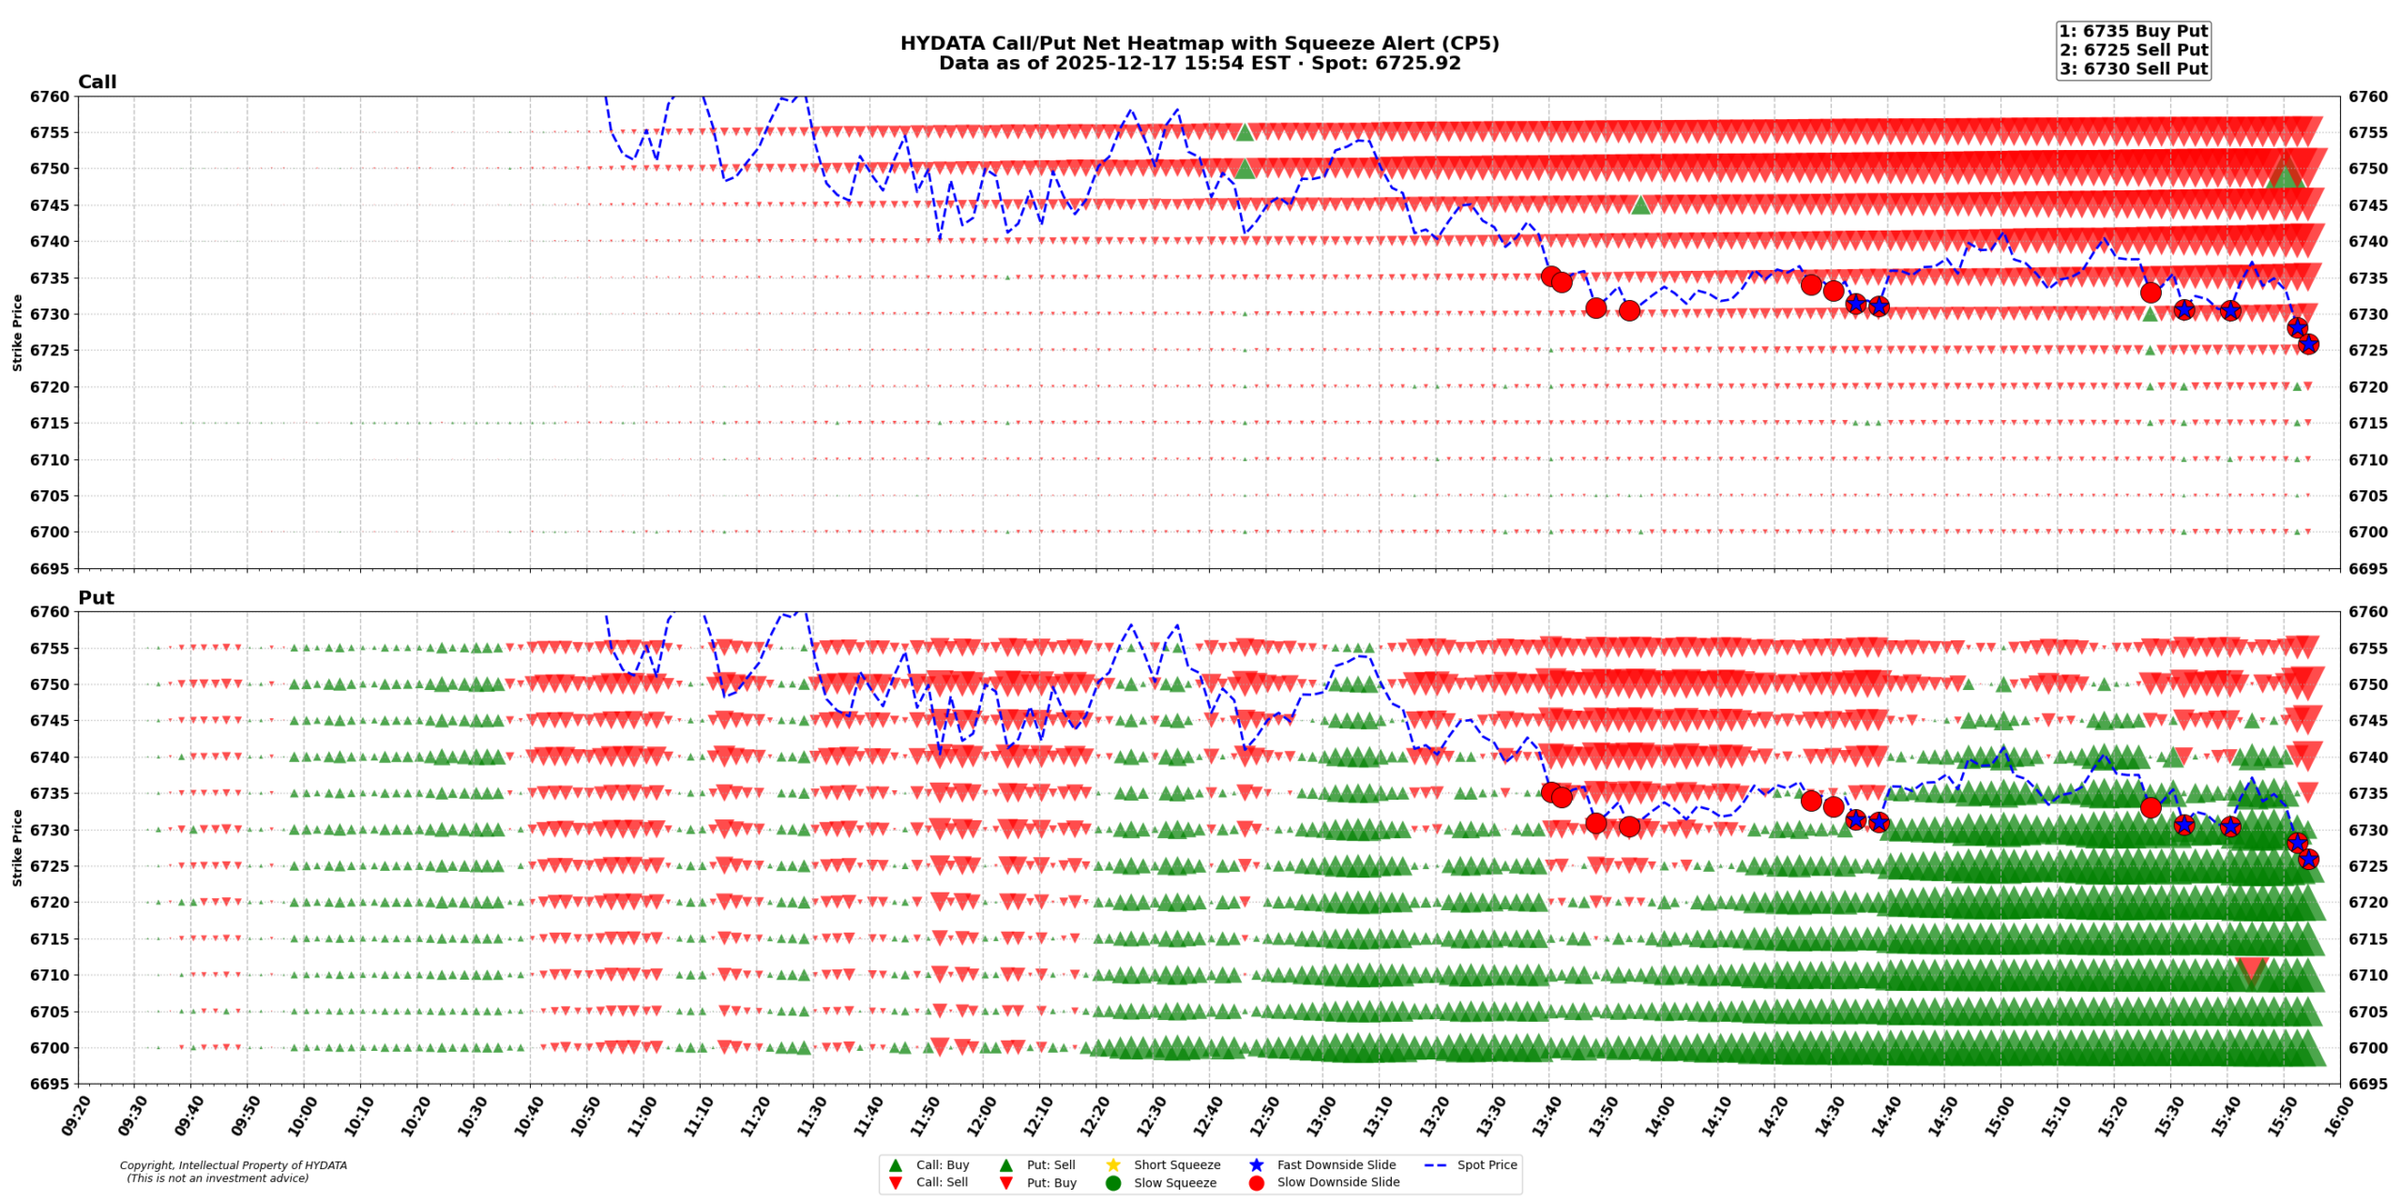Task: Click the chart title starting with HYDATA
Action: [x=1199, y=43]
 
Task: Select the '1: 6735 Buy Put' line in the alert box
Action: [x=2133, y=31]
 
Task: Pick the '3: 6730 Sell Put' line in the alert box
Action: [x=2133, y=68]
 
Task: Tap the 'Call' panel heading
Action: [x=97, y=82]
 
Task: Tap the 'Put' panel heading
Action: [x=96, y=597]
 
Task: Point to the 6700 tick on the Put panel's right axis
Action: [x=2368, y=1047]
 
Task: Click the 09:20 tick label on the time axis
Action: [x=76, y=1116]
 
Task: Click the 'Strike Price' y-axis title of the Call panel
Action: [x=17, y=332]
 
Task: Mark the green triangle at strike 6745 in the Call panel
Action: [x=1639, y=204]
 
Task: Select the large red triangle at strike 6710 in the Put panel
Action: [x=2251, y=969]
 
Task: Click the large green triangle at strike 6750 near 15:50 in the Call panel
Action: [x=2285, y=173]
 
